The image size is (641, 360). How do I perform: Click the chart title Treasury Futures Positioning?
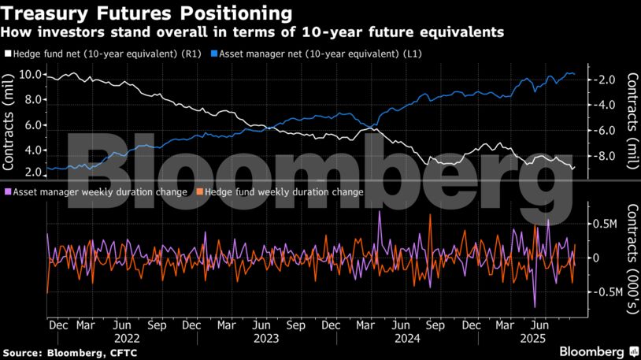coord(148,13)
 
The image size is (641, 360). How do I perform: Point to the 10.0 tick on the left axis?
coord(30,75)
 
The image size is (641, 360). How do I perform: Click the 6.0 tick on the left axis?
coord(32,125)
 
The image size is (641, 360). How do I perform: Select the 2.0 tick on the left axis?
coord(32,173)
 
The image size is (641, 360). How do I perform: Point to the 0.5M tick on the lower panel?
coord(605,224)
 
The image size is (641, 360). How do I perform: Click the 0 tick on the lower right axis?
coord(596,258)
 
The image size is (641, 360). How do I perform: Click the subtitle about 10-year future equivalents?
coord(252,32)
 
